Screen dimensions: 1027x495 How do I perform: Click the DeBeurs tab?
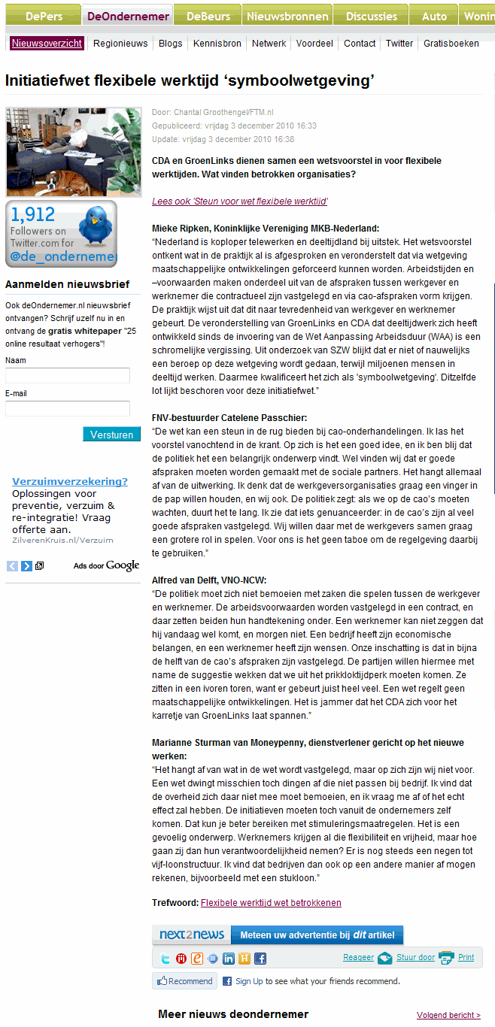pyautogui.click(x=208, y=16)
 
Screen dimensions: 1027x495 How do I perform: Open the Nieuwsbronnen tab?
pyautogui.click(x=287, y=16)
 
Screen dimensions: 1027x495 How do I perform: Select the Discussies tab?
pyautogui.click(x=372, y=16)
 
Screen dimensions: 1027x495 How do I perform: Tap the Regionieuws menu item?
pyautogui.click(x=120, y=44)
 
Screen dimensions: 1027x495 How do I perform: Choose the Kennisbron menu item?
pyautogui.click(x=217, y=44)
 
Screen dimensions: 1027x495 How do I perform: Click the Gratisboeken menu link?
pyautogui.click(x=451, y=44)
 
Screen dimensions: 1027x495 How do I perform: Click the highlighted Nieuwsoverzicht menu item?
pyautogui.click(x=47, y=44)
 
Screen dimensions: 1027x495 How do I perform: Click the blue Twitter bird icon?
pyautogui.click(x=96, y=226)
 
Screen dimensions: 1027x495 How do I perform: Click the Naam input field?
pyautogui.click(x=68, y=375)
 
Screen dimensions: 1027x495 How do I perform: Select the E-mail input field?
pyautogui.click(x=68, y=408)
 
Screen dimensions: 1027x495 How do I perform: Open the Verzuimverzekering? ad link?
pyautogui.click(x=70, y=481)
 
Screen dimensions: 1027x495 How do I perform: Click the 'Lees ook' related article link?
pyautogui.click(x=239, y=201)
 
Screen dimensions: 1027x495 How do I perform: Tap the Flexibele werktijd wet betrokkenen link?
pyautogui.click(x=271, y=903)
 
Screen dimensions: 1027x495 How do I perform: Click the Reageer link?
pyautogui.click(x=358, y=957)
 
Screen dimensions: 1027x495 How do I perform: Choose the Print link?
pyautogui.click(x=466, y=957)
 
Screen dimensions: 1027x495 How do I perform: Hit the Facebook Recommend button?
pyautogui.click(x=184, y=981)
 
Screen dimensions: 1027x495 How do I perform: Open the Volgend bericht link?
pyautogui.click(x=448, y=1015)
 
